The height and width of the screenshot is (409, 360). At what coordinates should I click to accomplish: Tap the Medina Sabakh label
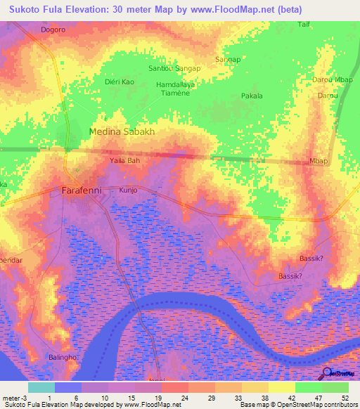(x=122, y=132)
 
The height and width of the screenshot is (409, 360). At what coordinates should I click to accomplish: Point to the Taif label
(x=304, y=24)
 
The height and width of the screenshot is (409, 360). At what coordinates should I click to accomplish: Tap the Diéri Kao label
(x=119, y=82)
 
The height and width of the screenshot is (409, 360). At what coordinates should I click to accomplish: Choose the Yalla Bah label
(x=126, y=161)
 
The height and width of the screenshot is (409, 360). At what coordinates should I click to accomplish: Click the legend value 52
(x=345, y=397)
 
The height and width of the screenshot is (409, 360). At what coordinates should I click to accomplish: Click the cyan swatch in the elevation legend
(x=41, y=387)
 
